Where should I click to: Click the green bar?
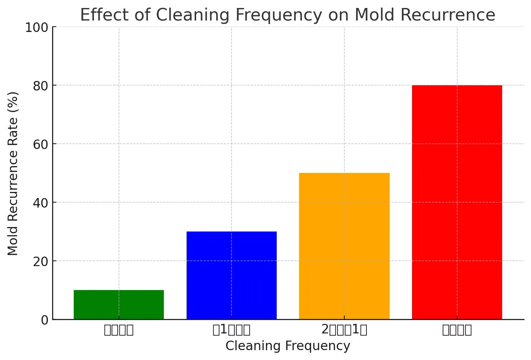pos(119,304)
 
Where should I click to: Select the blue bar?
pos(231,275)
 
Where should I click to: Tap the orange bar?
pos(344,246)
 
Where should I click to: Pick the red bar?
pos(457,202)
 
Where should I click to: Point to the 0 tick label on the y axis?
pos(44,320)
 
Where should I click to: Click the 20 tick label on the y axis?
pos(41,262)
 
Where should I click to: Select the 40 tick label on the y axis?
pos(41,203)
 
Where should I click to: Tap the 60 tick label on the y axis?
pos(41,144)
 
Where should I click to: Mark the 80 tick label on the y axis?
pos(41,86)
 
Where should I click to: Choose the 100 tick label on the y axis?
pos(37,28)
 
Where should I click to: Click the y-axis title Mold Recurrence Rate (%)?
pos(13,173)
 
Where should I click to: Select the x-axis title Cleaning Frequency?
pos(288,346)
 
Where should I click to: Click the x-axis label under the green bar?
pos(119,330)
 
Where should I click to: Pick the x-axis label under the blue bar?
pos(231,330)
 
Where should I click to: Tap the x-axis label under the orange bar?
pos(344,330)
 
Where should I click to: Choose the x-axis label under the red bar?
pos(457,330)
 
